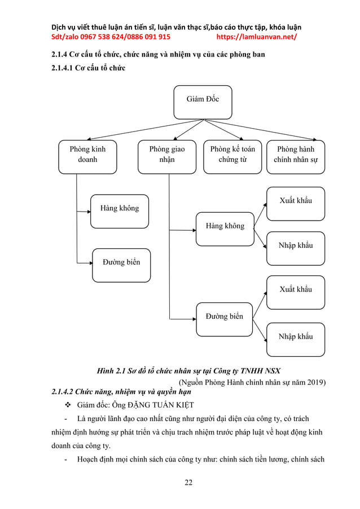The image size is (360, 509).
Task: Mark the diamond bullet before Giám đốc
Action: (68, 405)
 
